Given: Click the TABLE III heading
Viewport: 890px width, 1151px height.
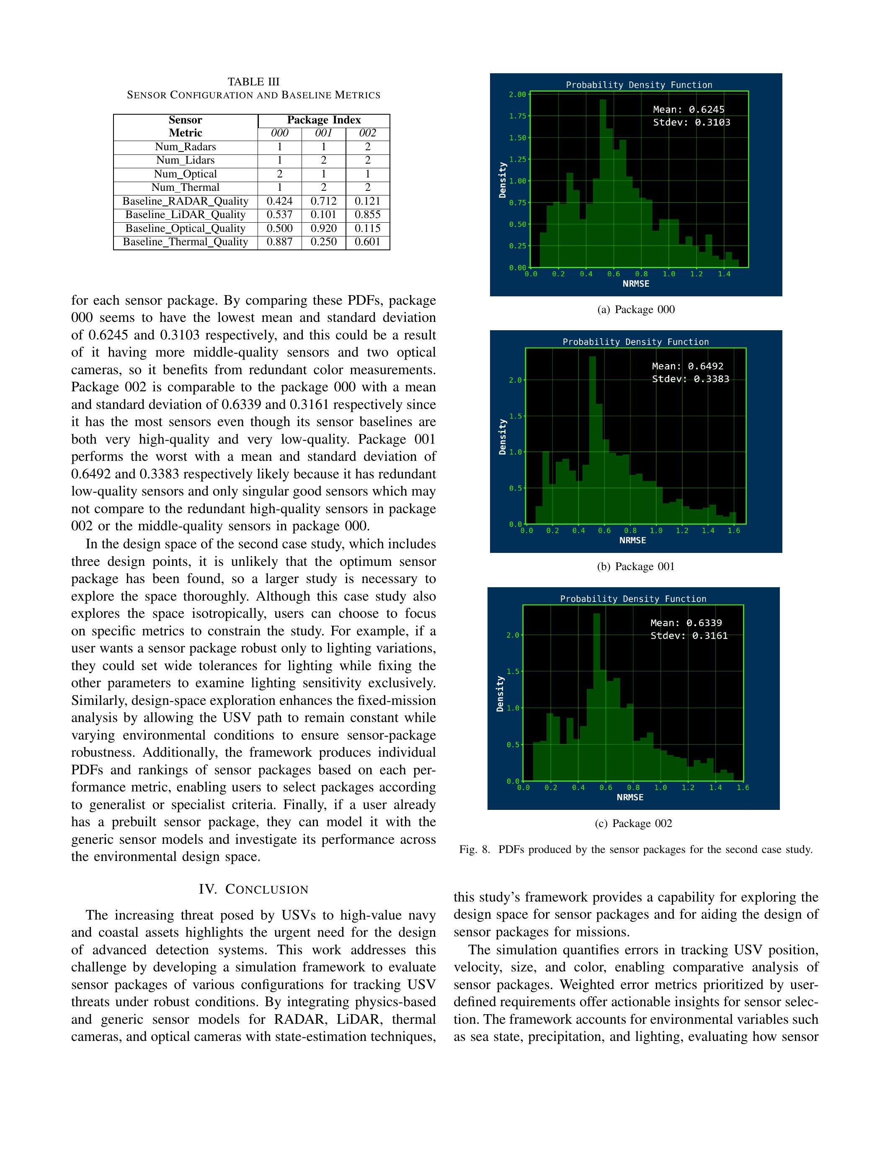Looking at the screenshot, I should tap(254, 82).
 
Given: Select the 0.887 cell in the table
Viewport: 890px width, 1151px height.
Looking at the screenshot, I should tap(279, 242).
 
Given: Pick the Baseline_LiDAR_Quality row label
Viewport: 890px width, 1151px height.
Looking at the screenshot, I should tap(185, 214).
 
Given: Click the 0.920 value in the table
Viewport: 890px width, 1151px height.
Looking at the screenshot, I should tap(323, 228).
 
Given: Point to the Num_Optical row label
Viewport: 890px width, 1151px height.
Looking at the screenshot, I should tap(185, 174).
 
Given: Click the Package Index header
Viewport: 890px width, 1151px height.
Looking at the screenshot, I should tap(324, 120).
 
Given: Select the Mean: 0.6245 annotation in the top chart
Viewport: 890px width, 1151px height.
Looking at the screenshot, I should tap(689, 110).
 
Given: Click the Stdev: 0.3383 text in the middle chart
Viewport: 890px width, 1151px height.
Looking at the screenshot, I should tap(691, 379).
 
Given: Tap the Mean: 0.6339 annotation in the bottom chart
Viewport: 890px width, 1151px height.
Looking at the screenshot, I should tap(686, 623).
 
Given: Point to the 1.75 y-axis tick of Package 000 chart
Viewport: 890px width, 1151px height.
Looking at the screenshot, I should tap(517, 116).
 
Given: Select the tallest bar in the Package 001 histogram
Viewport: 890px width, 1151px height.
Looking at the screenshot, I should tap(593, 437).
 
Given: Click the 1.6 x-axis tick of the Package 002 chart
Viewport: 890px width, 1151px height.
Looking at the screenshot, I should tap(743, 788).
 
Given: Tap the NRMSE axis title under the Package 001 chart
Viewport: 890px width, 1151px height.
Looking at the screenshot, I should tap(632, 540).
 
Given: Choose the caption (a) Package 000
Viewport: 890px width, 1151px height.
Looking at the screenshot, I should tap(636, 310).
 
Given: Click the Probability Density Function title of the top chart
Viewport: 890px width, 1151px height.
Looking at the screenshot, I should tap(639, 85).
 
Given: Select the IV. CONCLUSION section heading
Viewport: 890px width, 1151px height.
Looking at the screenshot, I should tap(254, 889).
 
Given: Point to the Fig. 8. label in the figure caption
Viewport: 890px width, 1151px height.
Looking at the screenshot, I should tap(475, 850).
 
